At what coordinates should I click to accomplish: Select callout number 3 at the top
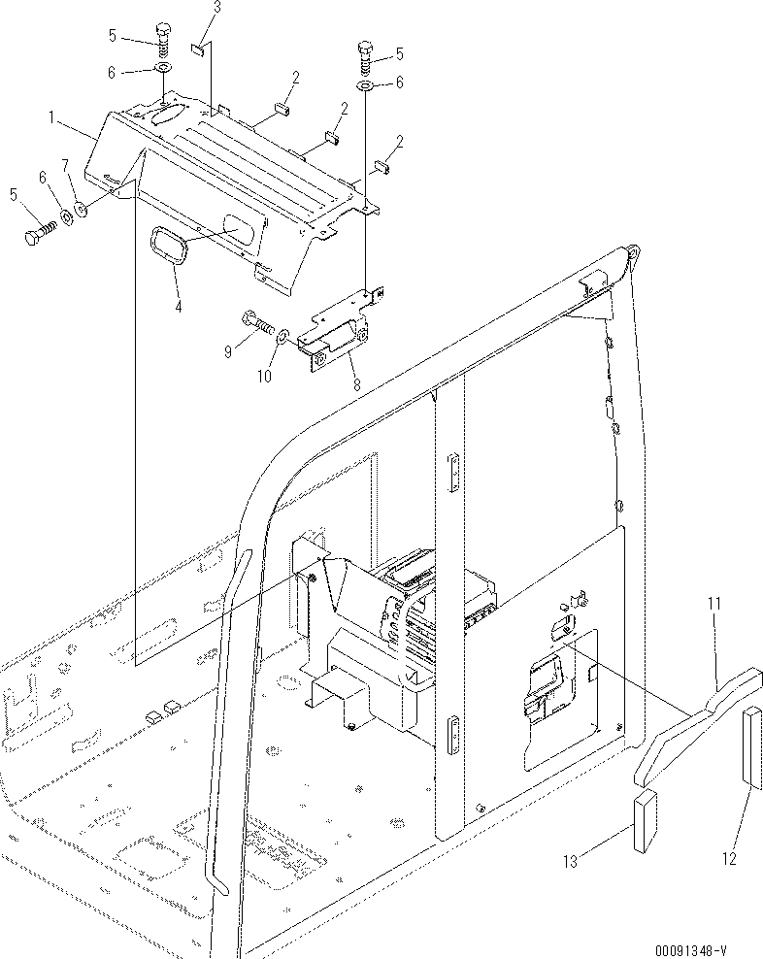216,9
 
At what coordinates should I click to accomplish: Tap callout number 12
729,857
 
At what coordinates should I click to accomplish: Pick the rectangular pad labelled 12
755,746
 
